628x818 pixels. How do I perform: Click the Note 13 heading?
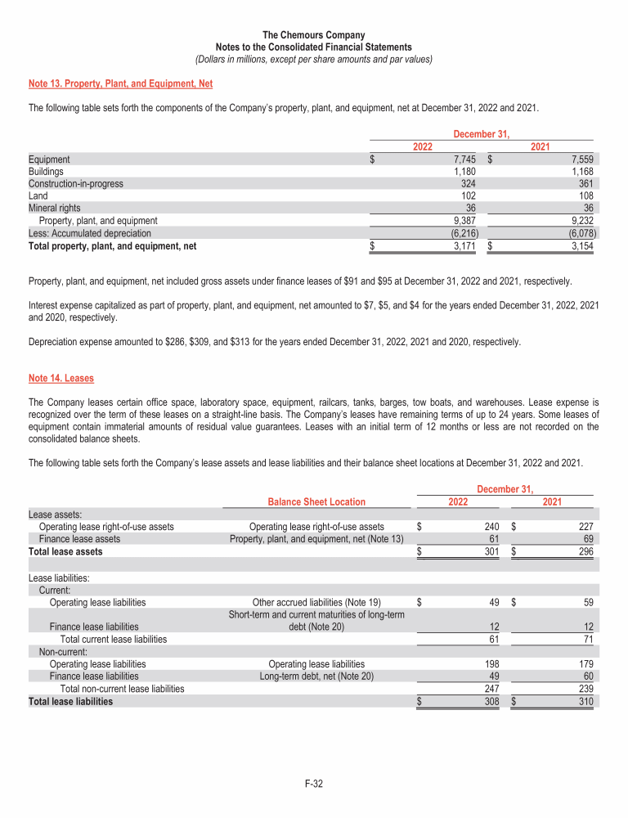(120, 83)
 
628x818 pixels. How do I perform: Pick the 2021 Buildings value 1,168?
(581, 172)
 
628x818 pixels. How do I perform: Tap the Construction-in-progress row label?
(76, 184)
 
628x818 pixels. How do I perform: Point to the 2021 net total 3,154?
(581, 245)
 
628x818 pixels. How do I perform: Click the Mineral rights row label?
(54, 208)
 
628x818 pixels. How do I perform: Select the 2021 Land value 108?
(585, 196)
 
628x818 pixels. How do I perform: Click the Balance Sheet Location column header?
(316, 501)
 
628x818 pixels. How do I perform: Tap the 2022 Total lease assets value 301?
(491, 551)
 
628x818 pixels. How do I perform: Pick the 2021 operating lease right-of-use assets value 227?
(585, 527)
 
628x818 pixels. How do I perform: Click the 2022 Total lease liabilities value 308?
(491, 701)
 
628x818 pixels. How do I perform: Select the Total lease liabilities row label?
(70, 701)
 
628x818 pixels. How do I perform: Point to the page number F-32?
(314, 785)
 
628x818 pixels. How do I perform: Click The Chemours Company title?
(313, 35)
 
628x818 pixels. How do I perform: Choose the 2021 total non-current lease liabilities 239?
(585, 689)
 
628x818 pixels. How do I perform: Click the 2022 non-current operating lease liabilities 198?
(491, 664)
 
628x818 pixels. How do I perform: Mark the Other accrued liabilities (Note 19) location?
(316, 603)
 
